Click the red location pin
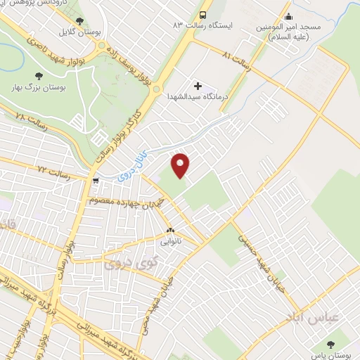[x=181, y=165]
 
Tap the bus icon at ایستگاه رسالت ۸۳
[x=203, y=15]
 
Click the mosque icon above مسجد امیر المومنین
[x=288, y=15]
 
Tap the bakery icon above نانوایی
[x=169, y=230]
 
